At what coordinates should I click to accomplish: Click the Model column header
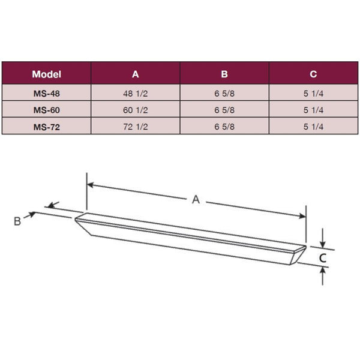(46, 74)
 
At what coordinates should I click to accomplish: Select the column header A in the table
(136, 74)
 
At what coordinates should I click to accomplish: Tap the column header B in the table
(224, 74)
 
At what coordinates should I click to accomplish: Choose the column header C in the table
(313, 74)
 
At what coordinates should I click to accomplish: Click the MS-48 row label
(46, 93)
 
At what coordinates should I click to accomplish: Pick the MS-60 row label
(46, 110)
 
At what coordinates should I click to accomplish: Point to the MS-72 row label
(46, 127)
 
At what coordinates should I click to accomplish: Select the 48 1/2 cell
(136, 93)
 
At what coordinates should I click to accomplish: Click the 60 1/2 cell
(136, 110)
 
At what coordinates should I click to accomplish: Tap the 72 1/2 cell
(136, 127)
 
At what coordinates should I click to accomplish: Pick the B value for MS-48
(224, 93)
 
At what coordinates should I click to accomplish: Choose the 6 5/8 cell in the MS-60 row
(224, 110)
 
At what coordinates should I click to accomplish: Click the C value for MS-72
(313, 127)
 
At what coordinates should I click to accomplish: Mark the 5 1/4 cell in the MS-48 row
(313, 93)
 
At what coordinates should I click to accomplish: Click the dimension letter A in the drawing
(196, 200)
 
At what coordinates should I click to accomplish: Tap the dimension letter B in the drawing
(17, 221)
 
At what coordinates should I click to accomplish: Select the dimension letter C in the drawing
(322, 258)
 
